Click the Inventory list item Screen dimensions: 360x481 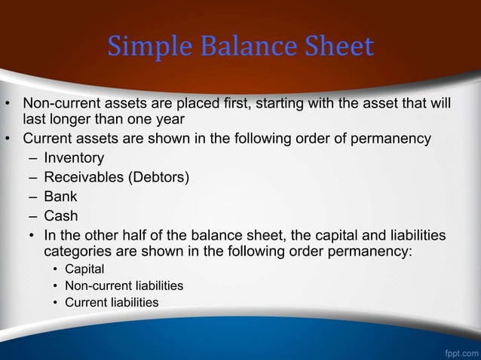click(x=74, y=158)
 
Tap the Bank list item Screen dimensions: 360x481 click(x=60, y=197)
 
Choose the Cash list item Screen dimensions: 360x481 click(x=61, y=216)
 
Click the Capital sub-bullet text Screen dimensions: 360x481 click(x=84, y=269)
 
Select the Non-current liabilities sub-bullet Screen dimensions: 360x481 click(x=124, y=285)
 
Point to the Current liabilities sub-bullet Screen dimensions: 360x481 click(x=112, y=302)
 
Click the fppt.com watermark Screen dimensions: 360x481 click(x=461, y=352)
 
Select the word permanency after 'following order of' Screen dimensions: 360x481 click(x=388, y=139)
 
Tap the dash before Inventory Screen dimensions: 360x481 click(x=32, y=158)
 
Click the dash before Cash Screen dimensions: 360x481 click(x=32, y=216)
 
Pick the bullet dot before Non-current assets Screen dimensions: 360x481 click(x=10, y=102)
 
